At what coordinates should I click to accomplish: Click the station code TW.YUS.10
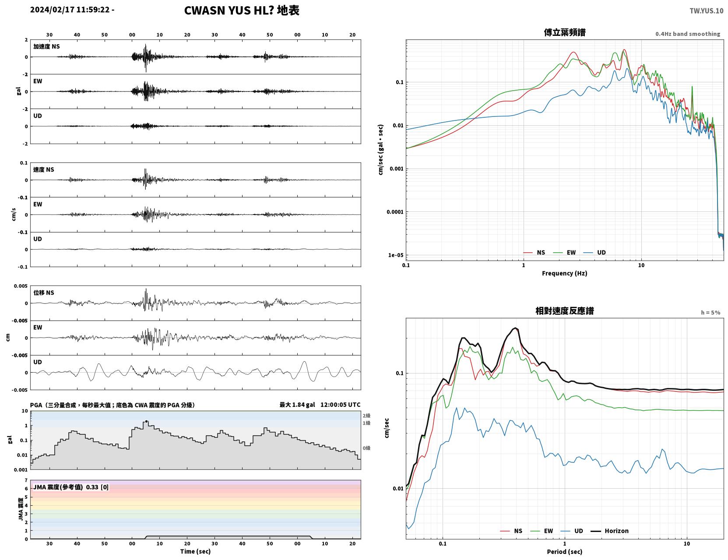pos(706,11)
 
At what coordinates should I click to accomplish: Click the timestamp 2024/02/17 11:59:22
pos(70,9)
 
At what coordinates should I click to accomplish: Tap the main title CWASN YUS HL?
pos(229,11)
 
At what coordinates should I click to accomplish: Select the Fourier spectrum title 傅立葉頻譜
pos(565,32)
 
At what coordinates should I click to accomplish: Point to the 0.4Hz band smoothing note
pos(687,34)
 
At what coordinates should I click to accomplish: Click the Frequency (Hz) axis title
pos(565,273)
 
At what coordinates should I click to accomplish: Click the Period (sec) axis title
pos(565,552)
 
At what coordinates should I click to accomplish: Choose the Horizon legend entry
pos(609,531)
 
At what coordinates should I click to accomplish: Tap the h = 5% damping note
pos(710,313)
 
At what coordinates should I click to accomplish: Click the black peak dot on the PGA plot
pos(146,421)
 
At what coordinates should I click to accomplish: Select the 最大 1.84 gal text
pos(297,405)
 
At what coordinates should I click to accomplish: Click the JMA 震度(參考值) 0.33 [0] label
pos(70,487)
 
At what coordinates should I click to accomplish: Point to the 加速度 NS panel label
pos(46,46)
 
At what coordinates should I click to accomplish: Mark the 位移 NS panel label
pos(43,293)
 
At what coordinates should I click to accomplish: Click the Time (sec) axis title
pos(195,551)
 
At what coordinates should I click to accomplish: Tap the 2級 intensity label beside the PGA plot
pos(366,416)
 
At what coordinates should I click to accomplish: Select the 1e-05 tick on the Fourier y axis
pos(396,255)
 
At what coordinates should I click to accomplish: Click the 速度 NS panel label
pos(43,170)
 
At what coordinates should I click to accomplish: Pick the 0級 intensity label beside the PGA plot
pos(366,448)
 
